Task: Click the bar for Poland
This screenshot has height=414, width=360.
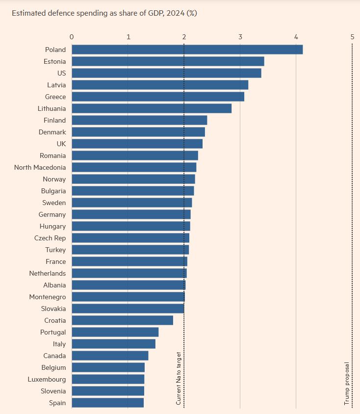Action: click(187, 50)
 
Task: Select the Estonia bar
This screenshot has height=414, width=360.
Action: click(168, 61)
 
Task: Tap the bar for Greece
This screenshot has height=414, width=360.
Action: click(158, 97)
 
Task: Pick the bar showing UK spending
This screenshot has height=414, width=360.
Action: click(137, 144)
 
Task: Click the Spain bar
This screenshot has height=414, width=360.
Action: click(107, 403)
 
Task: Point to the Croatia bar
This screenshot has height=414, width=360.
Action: click(122, 320)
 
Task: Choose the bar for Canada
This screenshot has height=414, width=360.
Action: click(110, 356)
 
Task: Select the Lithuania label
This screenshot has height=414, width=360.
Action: click(51, 108)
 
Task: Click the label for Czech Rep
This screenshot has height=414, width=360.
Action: click(50, 238)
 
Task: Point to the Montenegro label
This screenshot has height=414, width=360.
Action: click(48, 297)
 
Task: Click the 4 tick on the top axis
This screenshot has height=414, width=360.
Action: click(296, 37)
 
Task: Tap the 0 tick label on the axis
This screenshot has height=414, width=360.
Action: click(72, 37)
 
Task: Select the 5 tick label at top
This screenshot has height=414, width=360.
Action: click(352, 37)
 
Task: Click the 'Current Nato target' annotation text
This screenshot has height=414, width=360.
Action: click(179, 378)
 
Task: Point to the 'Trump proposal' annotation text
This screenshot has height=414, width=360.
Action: click(347, 383)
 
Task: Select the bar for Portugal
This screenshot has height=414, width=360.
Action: click(115, 332)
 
